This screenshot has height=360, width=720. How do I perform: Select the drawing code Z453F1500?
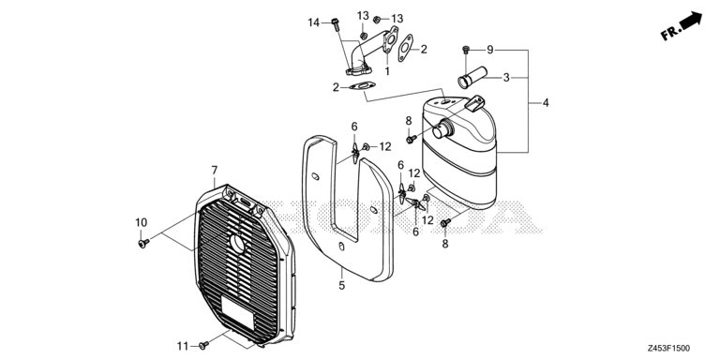(669, 349)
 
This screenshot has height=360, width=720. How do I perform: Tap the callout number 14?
(314, 22)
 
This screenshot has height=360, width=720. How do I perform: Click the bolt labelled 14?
(336, 23)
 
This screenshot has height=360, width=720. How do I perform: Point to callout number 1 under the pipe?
(387, 70)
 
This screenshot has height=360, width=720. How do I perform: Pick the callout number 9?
(490, 50)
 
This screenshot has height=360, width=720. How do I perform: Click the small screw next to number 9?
(466, 49)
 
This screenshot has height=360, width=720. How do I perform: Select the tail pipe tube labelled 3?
(472, 78)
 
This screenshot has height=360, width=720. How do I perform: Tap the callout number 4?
(546, 103)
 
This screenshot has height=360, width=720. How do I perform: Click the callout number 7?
(215, 171)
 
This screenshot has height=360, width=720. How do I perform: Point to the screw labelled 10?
(143, 243)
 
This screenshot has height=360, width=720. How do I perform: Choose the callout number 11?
(183, 345)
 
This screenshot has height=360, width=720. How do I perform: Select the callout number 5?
(341, 286)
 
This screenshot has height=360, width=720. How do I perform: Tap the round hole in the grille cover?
(238, 245)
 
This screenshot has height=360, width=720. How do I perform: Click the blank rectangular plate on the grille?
(238, 312)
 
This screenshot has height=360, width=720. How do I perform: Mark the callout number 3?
(506, 78)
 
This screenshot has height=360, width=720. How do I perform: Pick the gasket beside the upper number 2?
(405, 48)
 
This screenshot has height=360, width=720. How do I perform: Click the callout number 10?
(141, 223)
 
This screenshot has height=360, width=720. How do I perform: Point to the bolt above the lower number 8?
(445, 223)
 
